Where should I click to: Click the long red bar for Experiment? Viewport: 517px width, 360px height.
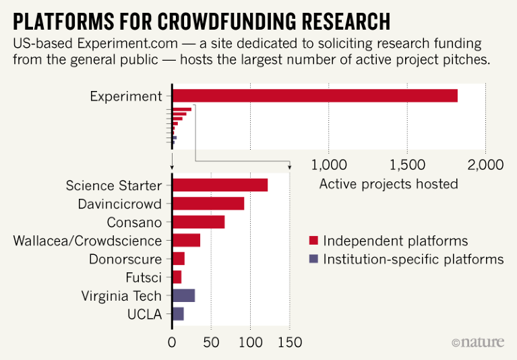point(315,96)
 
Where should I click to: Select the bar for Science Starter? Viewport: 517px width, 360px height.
point(220,185)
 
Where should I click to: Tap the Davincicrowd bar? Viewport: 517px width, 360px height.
point(208,204)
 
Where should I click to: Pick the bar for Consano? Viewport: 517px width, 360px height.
point(198,222)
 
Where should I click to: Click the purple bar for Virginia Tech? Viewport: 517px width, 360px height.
point(183,295)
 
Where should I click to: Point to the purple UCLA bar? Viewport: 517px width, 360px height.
point(178,313)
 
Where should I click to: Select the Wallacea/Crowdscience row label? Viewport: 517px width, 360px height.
point(88,241)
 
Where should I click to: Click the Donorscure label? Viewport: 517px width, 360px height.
point(125,259)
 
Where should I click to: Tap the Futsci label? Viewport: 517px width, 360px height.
point(144,277)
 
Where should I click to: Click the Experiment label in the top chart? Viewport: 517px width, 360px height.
point(126,96)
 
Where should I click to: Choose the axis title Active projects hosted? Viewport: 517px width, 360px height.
point(388,184)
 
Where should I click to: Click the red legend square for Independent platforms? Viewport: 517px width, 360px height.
point(313,241)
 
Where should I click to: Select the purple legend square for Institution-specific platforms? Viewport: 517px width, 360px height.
point(313,260)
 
